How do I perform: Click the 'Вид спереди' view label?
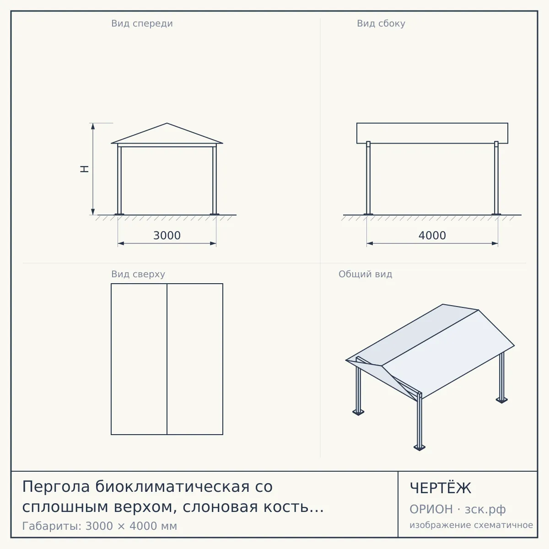coord(142,23)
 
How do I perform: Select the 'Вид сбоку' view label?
coord(381,23)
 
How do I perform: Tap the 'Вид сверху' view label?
coord(138,274)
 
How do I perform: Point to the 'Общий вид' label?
coord(365,274)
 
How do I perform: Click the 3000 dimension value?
coord(167,236)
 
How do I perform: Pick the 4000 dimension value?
coord(432,236)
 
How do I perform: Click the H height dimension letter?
coord(84,169)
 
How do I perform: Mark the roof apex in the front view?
coord(167,123)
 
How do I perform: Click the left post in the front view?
coord(119,179)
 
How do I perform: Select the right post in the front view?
coord(215,179)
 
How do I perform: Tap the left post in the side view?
coord(368,178)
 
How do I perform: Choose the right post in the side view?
coord(496,178)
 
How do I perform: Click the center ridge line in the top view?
coord(167,359)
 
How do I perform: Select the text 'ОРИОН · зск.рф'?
coord(457,509)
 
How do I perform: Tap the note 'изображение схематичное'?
coord(471,525)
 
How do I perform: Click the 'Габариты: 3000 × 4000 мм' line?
coord(99,526)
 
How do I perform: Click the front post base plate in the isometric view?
coord(420,448)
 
